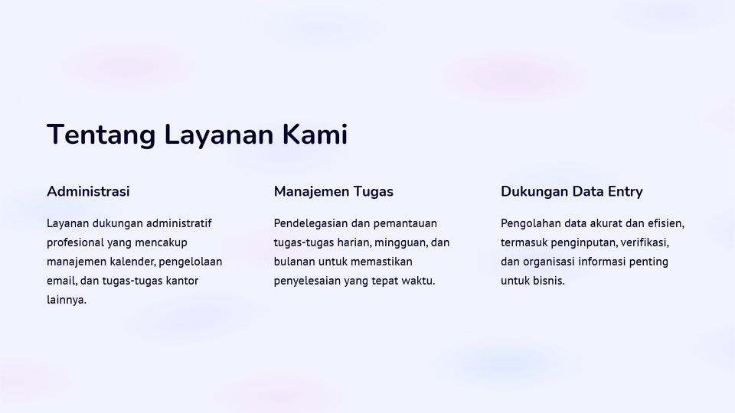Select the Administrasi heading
pyautogui.click(x=88, y=191)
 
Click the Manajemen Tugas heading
pyautogui.click(x=333, y=191)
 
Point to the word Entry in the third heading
pyautogui.click(x=625, y=191)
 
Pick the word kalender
pyautogui.click(x=130, y=262)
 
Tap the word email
pyautogui.click(x=60, y=281)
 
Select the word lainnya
pyautogui.click(x=66, y=300)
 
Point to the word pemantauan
pyautogui.click(x=405, y=223)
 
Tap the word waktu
pyautogui.click(x=418, y=281)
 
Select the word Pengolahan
pyautogui.click(x=531, y=223)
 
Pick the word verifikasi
pyautogui.click(x=645, y=242)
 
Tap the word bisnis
pyautogui.click(x=549, y=281)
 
